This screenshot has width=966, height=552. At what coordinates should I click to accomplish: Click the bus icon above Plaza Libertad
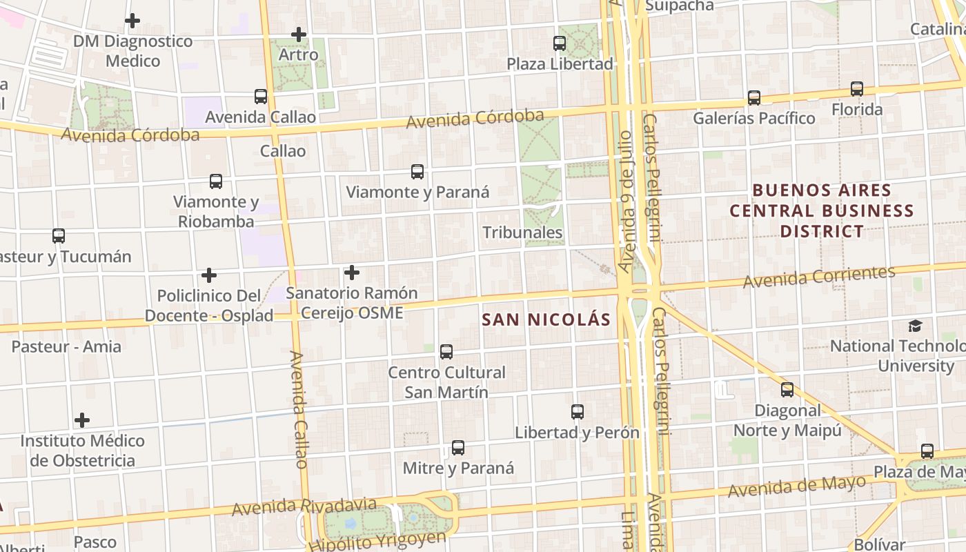560,43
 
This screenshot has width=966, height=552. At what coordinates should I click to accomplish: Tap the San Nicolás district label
546,319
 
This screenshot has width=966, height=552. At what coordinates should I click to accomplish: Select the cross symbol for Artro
299,34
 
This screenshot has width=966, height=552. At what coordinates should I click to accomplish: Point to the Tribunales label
522,233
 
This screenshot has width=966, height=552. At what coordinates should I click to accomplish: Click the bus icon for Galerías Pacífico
754,98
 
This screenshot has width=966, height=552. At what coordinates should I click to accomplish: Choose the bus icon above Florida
857,89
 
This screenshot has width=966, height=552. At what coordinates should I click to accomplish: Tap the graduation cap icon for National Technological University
915,326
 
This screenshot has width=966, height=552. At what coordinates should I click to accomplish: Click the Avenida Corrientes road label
819,277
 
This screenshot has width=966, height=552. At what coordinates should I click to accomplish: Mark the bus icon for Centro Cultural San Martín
446,352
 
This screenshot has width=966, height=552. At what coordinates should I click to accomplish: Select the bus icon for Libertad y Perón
578,412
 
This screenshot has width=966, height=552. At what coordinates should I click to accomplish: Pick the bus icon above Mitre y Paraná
458,448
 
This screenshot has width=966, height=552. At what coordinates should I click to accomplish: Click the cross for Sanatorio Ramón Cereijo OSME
352,273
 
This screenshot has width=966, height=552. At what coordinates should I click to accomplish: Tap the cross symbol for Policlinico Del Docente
209,276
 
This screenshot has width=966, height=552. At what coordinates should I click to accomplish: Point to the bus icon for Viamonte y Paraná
417,172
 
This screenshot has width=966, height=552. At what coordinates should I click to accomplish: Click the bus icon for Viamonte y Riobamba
216,181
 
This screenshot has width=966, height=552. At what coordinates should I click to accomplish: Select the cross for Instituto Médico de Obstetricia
82,420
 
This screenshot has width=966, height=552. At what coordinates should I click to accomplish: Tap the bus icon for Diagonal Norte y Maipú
787,390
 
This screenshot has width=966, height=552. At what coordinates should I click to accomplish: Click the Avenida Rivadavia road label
304,507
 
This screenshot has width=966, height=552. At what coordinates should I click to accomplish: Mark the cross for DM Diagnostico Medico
132,21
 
